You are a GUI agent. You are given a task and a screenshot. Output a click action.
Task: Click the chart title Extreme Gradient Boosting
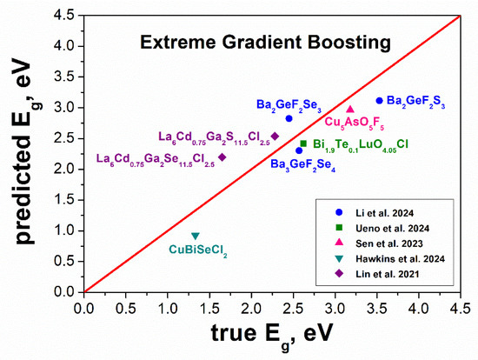(265, 43)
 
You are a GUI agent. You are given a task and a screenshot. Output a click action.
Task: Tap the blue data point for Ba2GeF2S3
(379, 100)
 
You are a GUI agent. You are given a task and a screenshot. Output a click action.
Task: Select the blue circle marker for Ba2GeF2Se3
(289, 118)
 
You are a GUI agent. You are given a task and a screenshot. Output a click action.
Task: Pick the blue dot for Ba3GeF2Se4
(299, 150)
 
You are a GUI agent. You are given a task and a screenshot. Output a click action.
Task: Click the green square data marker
(303, 143)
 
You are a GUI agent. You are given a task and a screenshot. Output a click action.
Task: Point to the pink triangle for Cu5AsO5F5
(350, 109)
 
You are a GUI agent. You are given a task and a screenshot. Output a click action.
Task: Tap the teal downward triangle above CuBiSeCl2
(196, 236)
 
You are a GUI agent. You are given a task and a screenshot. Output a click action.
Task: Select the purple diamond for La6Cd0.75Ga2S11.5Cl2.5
(275, 136)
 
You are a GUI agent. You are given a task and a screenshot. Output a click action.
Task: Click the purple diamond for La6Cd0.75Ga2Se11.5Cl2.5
(222, 157)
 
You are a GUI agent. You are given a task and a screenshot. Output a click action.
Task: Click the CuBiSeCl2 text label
(198, 250)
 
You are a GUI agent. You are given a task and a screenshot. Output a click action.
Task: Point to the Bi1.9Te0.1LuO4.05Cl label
(361, 144)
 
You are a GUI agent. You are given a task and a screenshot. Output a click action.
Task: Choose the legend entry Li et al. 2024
(384, 213)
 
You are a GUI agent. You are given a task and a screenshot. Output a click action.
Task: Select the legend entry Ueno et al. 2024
(392, 228)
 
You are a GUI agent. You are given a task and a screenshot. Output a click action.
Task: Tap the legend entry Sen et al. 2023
(389, 243)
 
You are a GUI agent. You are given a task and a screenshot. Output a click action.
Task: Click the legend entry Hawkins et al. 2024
(400, 259)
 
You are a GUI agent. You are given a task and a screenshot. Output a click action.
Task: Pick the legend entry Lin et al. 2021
(387, 274)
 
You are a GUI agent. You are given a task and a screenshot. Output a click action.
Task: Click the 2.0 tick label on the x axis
(251, 309)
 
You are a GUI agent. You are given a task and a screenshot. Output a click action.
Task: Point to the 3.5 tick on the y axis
(64, 77)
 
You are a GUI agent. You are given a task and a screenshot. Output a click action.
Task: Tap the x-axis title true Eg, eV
(271, 336)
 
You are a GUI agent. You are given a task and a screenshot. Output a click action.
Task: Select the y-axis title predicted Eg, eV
(27, 151)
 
